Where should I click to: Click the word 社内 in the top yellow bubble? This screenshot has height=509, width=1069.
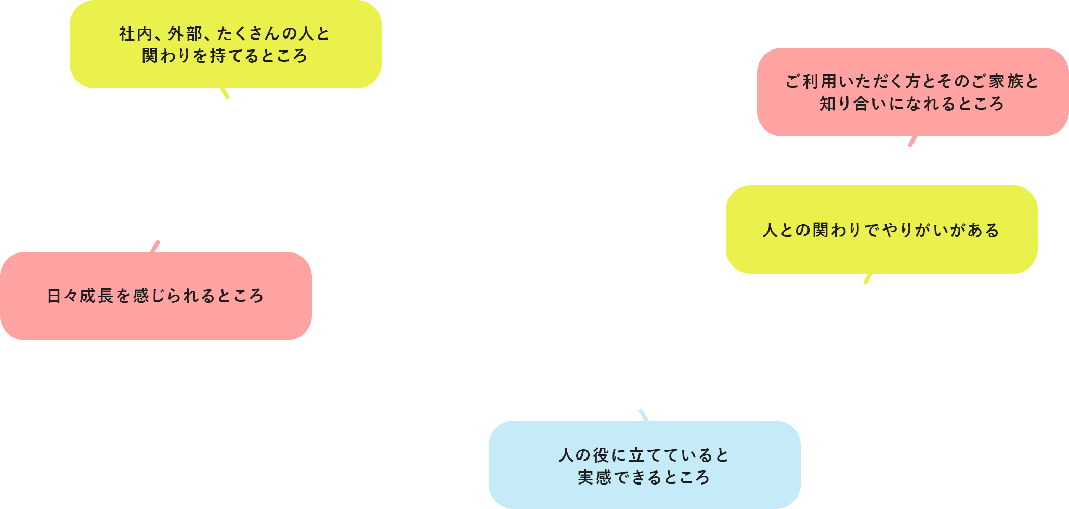click(136, 34)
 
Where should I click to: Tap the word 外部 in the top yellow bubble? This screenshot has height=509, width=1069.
click(185, 34)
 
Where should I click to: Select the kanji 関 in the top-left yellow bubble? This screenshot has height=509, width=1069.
click(150, 56)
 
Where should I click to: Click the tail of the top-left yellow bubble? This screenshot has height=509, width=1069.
click(225, 93)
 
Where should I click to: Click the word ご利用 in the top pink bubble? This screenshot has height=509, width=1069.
click(811, 82)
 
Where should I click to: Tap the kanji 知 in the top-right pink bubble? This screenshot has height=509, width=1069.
click(828, 104)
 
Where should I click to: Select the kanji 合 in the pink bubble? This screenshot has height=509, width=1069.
click(862, 104)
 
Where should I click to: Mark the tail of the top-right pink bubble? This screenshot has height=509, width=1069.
click(912, 141)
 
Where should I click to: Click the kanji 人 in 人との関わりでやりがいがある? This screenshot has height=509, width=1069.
click(771, 230)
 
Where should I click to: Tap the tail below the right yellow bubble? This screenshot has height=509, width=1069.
click(868, 278)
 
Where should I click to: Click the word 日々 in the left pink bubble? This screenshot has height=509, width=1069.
click(63, 296)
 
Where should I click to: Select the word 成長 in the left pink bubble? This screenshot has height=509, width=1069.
click(97, 296)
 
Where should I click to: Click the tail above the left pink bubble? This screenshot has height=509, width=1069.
click(155, 247)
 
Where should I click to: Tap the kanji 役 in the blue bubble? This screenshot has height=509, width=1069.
click(602, 455)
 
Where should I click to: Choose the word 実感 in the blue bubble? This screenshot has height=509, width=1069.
click(595, 477)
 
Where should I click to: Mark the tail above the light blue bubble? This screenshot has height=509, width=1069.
click(644, 415)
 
